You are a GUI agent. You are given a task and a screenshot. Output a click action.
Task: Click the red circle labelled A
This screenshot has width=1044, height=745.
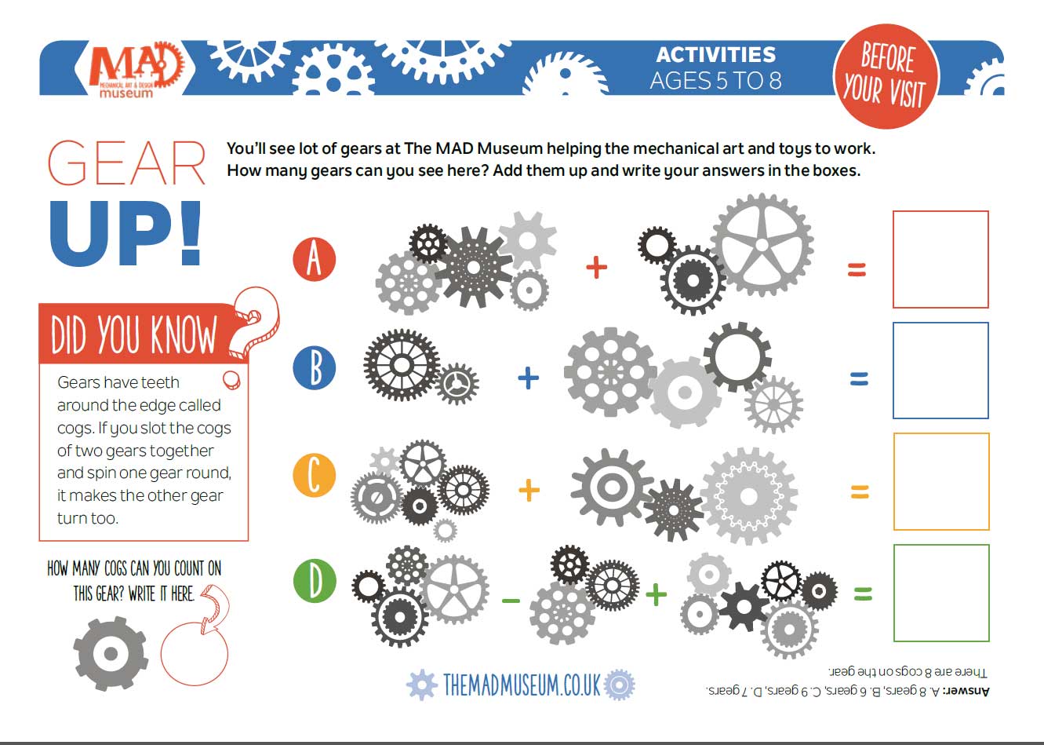point(314,259)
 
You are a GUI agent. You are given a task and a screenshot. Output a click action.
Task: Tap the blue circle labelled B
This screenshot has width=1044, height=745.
point(314,367)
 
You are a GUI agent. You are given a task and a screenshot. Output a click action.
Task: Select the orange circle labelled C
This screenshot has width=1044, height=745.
point(314,475)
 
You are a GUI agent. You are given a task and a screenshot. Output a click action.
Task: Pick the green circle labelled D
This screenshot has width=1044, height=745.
point(314,582)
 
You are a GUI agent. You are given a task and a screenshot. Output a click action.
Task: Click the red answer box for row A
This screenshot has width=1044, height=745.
point(940,260)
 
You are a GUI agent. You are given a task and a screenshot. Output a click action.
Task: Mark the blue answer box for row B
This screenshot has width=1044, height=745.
point(940,371)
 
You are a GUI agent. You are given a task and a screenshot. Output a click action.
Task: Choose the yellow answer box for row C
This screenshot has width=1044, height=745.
point(940,482)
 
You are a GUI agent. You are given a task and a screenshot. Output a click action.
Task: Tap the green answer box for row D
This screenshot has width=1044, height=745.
point(940,593)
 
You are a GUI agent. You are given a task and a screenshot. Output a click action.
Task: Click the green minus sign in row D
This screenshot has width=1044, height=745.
point(511,601)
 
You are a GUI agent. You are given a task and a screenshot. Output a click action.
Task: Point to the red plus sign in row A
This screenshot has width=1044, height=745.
point(597,268)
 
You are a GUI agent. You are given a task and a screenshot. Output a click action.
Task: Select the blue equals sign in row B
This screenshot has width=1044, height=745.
point(859,379)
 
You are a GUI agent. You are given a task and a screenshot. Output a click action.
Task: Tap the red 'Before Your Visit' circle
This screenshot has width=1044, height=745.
point(886,76)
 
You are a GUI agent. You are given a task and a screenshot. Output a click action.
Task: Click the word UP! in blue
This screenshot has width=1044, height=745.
point(125,234)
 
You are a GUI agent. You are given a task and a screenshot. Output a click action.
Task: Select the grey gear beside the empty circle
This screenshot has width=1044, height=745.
point(111,653)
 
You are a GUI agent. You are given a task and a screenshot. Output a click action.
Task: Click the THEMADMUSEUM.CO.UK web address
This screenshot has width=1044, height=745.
point(521,685)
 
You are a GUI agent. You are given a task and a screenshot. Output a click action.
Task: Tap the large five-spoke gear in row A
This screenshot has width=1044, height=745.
point(761,245)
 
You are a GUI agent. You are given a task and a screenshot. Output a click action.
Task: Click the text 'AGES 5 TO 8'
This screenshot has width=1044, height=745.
point(715,81)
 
